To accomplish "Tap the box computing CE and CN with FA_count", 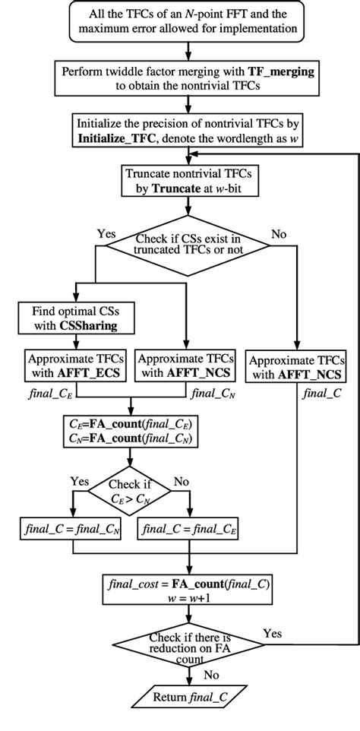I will pos(131,432).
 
